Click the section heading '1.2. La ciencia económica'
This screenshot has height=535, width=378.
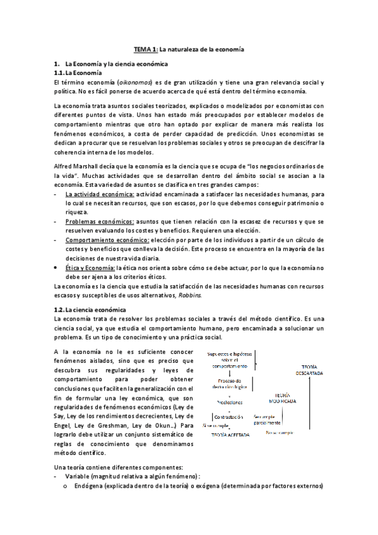point(90,309)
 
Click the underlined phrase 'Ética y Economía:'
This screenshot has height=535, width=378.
point(88,267)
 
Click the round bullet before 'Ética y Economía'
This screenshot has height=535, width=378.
point(57,267)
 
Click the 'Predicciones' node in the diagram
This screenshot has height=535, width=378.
point(229,401)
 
